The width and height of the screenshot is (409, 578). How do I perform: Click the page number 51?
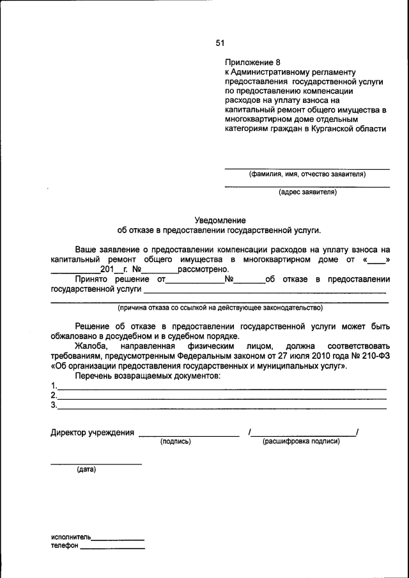coord(220,43)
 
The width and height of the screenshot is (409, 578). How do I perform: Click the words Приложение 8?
coord(252,63)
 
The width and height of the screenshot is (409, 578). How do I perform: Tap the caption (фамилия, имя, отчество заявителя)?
coord(307,174)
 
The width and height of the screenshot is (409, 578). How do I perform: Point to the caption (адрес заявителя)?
coord(307,192)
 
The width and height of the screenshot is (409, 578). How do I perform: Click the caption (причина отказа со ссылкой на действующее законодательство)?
coord(219,308)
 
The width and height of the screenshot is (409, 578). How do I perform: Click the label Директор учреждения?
coord(92,433)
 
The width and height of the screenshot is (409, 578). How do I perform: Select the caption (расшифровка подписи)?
coord(301,441)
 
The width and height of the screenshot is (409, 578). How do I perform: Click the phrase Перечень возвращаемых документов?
coord(147,376)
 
